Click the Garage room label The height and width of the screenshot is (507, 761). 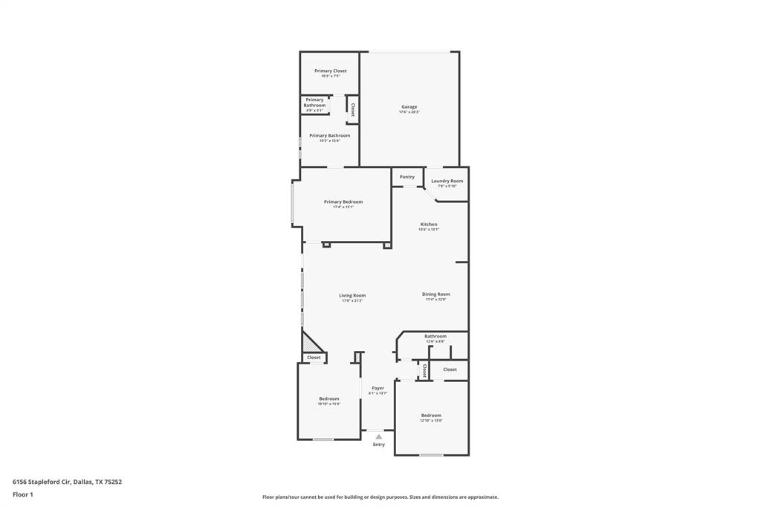[x=409, y=106]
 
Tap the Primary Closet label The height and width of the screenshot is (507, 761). [x=330, y=71]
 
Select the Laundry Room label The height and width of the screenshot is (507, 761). [x=447, y=181]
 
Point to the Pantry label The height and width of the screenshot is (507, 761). [x=407, y=177]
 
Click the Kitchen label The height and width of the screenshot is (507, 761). [x=429, y=224]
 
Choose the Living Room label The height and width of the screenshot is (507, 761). [x=352, y=295]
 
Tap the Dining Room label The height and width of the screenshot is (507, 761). [x=436, y=294]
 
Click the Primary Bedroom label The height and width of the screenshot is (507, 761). [x=343, y=201]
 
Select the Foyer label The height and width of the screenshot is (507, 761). [x=378, y=388]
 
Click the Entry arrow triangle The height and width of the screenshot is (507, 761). [x=378, y=436]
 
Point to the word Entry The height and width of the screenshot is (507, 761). [x=379, y=445]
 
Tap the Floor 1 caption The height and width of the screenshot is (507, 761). [x=23, y=494]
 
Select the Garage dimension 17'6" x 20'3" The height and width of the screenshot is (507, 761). [x=409, y=112]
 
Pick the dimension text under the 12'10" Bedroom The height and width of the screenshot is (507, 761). [x=431, y=421]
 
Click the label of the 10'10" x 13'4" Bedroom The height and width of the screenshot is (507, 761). [x=328, y=398]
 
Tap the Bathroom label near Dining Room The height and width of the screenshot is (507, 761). [x=435, y=336]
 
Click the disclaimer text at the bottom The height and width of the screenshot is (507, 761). [x=380, y=497]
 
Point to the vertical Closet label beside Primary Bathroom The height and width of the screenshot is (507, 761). [x=352, y=110]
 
